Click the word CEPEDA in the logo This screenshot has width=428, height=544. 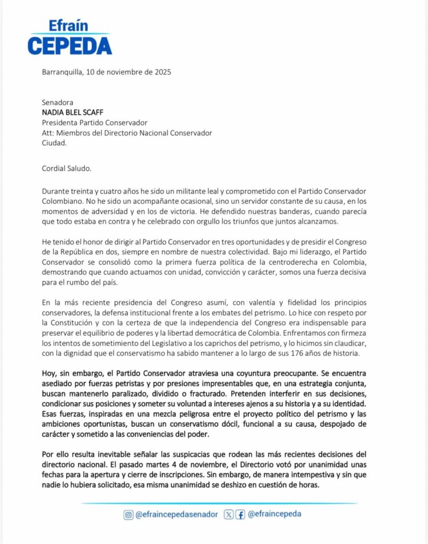coord(69,45)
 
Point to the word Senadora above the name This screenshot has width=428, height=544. coord(57,103)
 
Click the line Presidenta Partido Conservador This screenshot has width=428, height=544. coord(94,123)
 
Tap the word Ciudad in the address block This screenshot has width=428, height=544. coord(54,142)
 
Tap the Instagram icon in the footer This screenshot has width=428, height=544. coord(128,514)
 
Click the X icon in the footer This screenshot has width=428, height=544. coord(229,514)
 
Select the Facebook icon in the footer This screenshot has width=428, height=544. coord(240,514)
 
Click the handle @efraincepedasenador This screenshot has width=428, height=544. coord(177,514)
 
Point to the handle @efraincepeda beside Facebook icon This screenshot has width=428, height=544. coord(274,514)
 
